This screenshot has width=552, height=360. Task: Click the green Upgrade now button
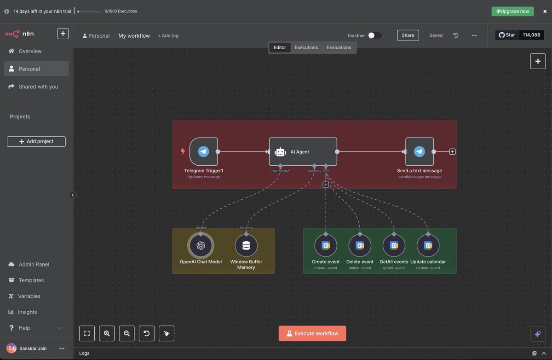point(512,12)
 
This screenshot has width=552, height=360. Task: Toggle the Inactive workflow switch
point(375,35)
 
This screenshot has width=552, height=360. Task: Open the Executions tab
point(306,47)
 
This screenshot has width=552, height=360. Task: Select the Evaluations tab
point(339,47)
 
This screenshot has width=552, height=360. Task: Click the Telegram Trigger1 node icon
point(203,151)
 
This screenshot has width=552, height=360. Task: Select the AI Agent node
point(303,151)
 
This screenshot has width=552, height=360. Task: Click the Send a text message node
point(420,151)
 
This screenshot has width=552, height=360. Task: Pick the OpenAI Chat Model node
point(201,245)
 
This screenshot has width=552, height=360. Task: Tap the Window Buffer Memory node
point(246,245)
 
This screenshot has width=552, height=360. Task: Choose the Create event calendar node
point(326,245)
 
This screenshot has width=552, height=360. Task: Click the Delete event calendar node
point(360,245)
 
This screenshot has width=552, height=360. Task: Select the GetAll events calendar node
point(394,245)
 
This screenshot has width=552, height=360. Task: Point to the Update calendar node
point(428,245)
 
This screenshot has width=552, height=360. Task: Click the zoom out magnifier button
point(126,333)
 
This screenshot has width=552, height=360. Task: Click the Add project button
point(36,141)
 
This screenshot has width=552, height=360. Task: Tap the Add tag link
point(168,36)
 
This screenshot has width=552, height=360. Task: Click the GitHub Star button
point(507,35)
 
